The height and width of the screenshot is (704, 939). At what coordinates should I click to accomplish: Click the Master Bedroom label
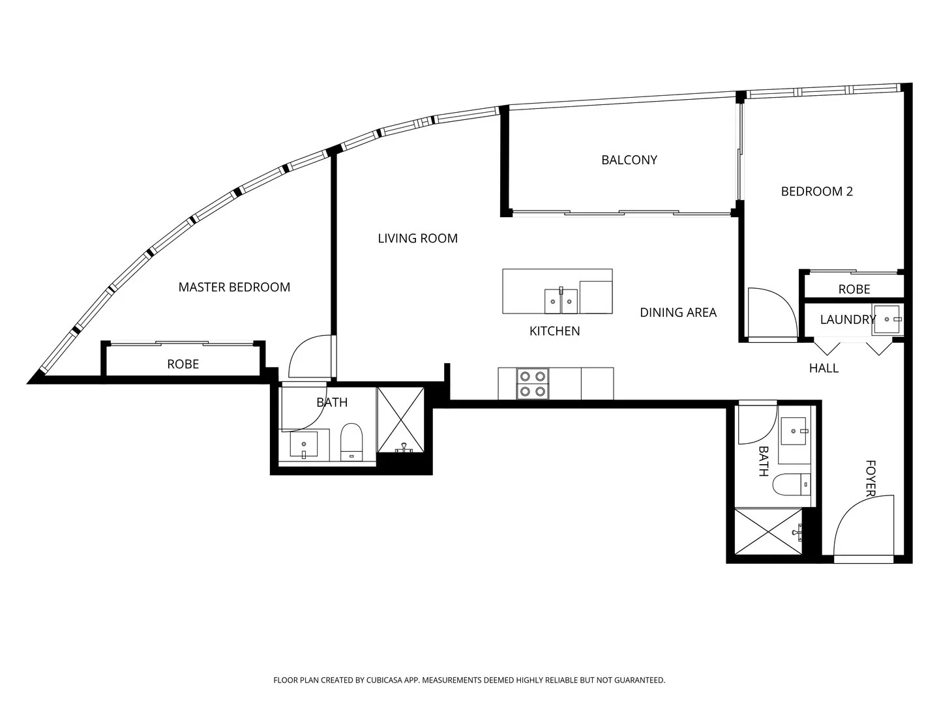(x=234, y=287)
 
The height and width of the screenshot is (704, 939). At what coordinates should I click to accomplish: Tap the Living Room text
(x=417, y=239)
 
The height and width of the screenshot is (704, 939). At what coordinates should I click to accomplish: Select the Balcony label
(x=629, y=160)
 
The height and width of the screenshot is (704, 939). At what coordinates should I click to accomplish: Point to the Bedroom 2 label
(x=816, y=191)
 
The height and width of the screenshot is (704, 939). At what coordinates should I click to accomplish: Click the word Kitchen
(x=554, y=331)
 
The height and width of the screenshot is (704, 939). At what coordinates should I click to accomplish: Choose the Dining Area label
(x=678, y=313)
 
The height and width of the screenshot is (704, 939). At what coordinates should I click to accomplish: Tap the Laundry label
(x=847, y=319)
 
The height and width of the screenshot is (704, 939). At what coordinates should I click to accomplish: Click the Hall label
(x=824, y=368)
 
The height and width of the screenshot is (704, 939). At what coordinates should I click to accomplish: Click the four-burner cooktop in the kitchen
(x=532, y=383)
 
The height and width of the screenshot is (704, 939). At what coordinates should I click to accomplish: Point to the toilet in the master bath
(x=351, y=442)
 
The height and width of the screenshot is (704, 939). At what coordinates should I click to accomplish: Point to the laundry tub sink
(x=886, y=319)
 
